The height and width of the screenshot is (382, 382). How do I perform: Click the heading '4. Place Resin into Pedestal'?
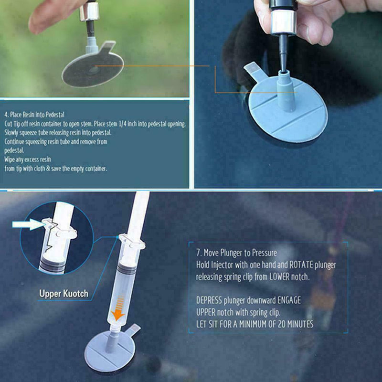34,115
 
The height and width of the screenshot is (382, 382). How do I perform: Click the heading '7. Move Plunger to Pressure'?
236,253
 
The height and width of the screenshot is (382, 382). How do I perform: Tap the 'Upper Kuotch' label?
64,293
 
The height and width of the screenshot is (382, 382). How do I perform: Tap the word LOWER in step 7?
285,276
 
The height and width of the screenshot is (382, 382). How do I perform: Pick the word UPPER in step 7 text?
207,312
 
